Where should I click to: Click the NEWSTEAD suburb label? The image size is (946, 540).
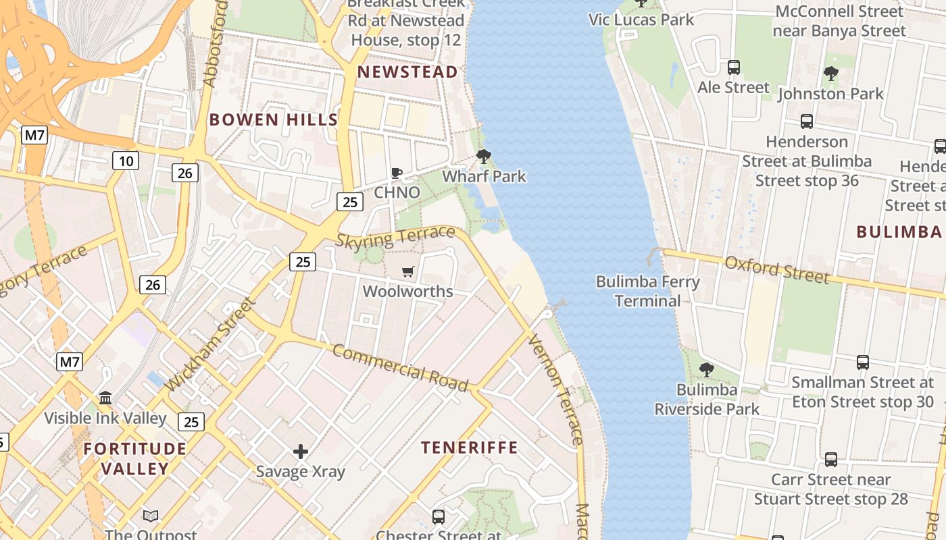(x=407, y=72)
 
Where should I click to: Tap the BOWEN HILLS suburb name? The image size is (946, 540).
(x=273, y=120)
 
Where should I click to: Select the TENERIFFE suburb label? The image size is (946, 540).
(x=470, y=448)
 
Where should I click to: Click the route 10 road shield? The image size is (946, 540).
(x=126, y=161)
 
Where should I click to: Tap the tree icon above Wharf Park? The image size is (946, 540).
(x=483, y=157)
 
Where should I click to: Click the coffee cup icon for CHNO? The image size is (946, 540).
(x=397, y=173)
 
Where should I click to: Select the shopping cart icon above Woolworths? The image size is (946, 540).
(x=407, y=272)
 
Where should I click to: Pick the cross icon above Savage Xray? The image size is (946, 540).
(x=301, y=451)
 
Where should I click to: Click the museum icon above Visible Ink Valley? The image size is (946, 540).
(x=105, y=398)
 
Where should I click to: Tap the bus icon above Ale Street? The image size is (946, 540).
(x=733, y=67)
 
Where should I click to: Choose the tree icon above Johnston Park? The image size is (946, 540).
(x=830, y=74)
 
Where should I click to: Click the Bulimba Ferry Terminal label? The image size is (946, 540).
(x=647, y=291)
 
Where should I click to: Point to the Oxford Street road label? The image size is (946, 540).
(x=776, y=269)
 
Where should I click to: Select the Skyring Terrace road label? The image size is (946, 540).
(x=395, y=237)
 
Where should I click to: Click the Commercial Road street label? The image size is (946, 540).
(x=400, y=369)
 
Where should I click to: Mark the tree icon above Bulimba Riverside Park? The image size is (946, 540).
(x=707, y=370)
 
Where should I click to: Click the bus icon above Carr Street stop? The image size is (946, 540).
(x=830, y=460)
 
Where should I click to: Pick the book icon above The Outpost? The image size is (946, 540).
(x=151, y=516)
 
